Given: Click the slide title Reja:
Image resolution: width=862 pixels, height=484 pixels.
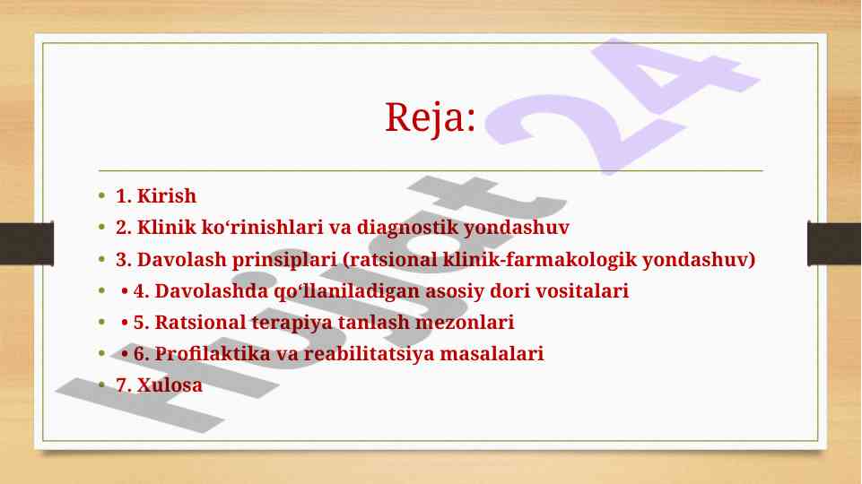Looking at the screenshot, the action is (x=430, y=117).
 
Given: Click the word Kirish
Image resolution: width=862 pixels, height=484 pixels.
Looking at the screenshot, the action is (x=167, y=195).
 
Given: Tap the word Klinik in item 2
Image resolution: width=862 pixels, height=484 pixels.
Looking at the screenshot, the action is (x=166, y=227).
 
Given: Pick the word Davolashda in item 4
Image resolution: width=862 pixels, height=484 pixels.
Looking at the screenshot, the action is (x=212, y=290).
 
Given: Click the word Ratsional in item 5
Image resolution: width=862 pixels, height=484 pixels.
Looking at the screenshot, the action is (x=200, y=322).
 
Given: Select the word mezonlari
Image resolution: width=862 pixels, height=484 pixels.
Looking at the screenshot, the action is (x=465, y=322).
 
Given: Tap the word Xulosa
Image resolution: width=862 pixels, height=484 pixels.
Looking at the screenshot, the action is (x=170, y=385).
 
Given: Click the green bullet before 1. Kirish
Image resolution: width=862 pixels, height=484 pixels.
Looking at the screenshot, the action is (x=101, y=195).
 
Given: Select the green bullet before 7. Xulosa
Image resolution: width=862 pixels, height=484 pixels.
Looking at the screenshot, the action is (x=101, y=385).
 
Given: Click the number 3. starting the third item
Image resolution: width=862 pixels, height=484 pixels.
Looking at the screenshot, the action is (x=124, y=260).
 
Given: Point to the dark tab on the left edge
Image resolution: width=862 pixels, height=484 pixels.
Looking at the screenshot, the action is (x=27, y=244).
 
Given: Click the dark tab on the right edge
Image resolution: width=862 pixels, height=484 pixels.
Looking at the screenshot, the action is (x=834, y=244).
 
